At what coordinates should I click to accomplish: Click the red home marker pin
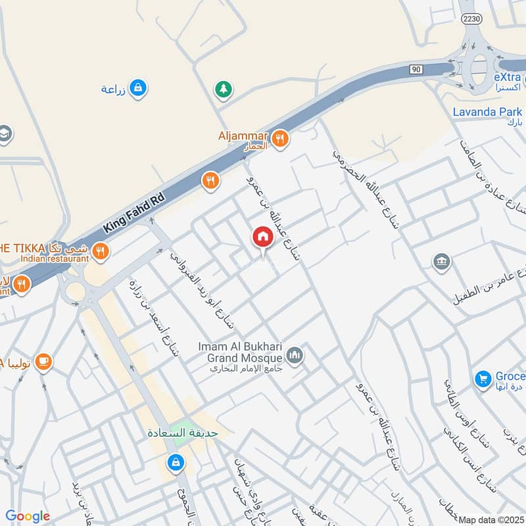coord(262,237)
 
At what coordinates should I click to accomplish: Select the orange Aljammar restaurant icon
coord(281,139)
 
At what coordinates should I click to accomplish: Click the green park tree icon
coord(224,88)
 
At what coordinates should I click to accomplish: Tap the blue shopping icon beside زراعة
coord(137,87)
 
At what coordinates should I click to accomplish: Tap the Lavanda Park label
coord(487,112)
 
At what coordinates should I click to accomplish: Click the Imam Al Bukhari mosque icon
coord(295,356)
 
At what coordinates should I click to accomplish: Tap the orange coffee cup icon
coord(43,362)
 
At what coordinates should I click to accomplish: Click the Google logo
coord(28,516)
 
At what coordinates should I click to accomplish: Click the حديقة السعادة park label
coord(179,435)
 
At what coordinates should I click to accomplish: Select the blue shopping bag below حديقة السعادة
coord(175,463)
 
